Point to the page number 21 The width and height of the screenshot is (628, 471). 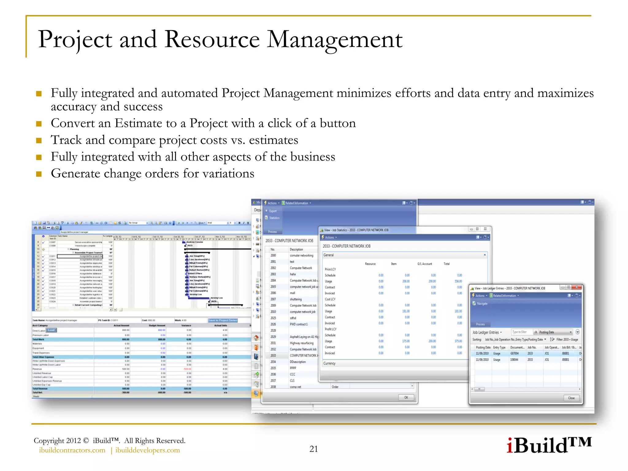point(313,449)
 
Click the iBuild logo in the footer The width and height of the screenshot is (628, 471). point(549,445)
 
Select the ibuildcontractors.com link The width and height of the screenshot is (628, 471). point(72,450)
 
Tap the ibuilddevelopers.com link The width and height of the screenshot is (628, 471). point(147,450)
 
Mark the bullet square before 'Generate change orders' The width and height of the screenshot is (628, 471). point(39,174)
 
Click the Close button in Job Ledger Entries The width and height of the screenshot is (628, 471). point(571,398)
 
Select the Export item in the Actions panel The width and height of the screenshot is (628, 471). point(273,211)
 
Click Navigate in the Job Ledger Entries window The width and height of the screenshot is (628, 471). point(482,304)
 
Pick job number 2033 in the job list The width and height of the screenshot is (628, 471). point(273,356)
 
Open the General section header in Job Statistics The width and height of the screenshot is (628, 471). point(329,255)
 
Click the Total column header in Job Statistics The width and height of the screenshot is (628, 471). point(446,264)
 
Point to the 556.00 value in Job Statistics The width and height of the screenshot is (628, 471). point(458,281)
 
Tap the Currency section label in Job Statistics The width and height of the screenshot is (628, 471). point(329,363)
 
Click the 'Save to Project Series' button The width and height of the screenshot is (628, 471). point(223,320)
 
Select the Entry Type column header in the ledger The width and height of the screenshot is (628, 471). point(499,347)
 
